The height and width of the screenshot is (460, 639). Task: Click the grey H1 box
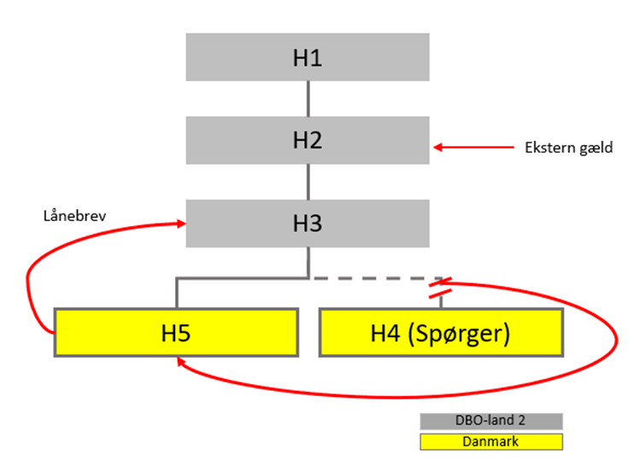308,57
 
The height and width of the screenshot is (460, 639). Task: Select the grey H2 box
308,139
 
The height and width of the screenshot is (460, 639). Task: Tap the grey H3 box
308,224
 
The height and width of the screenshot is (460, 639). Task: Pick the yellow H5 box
176,333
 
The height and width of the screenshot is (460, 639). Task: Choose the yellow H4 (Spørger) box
441,333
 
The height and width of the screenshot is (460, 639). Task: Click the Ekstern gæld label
556,148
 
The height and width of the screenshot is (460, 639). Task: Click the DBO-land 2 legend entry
490,422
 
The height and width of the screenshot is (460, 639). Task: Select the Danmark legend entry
490,441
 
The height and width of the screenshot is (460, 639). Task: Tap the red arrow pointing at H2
470,148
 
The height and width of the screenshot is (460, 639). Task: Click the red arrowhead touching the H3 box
181,224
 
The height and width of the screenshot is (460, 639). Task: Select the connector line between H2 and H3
308,181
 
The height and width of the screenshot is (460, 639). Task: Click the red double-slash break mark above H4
442,288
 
